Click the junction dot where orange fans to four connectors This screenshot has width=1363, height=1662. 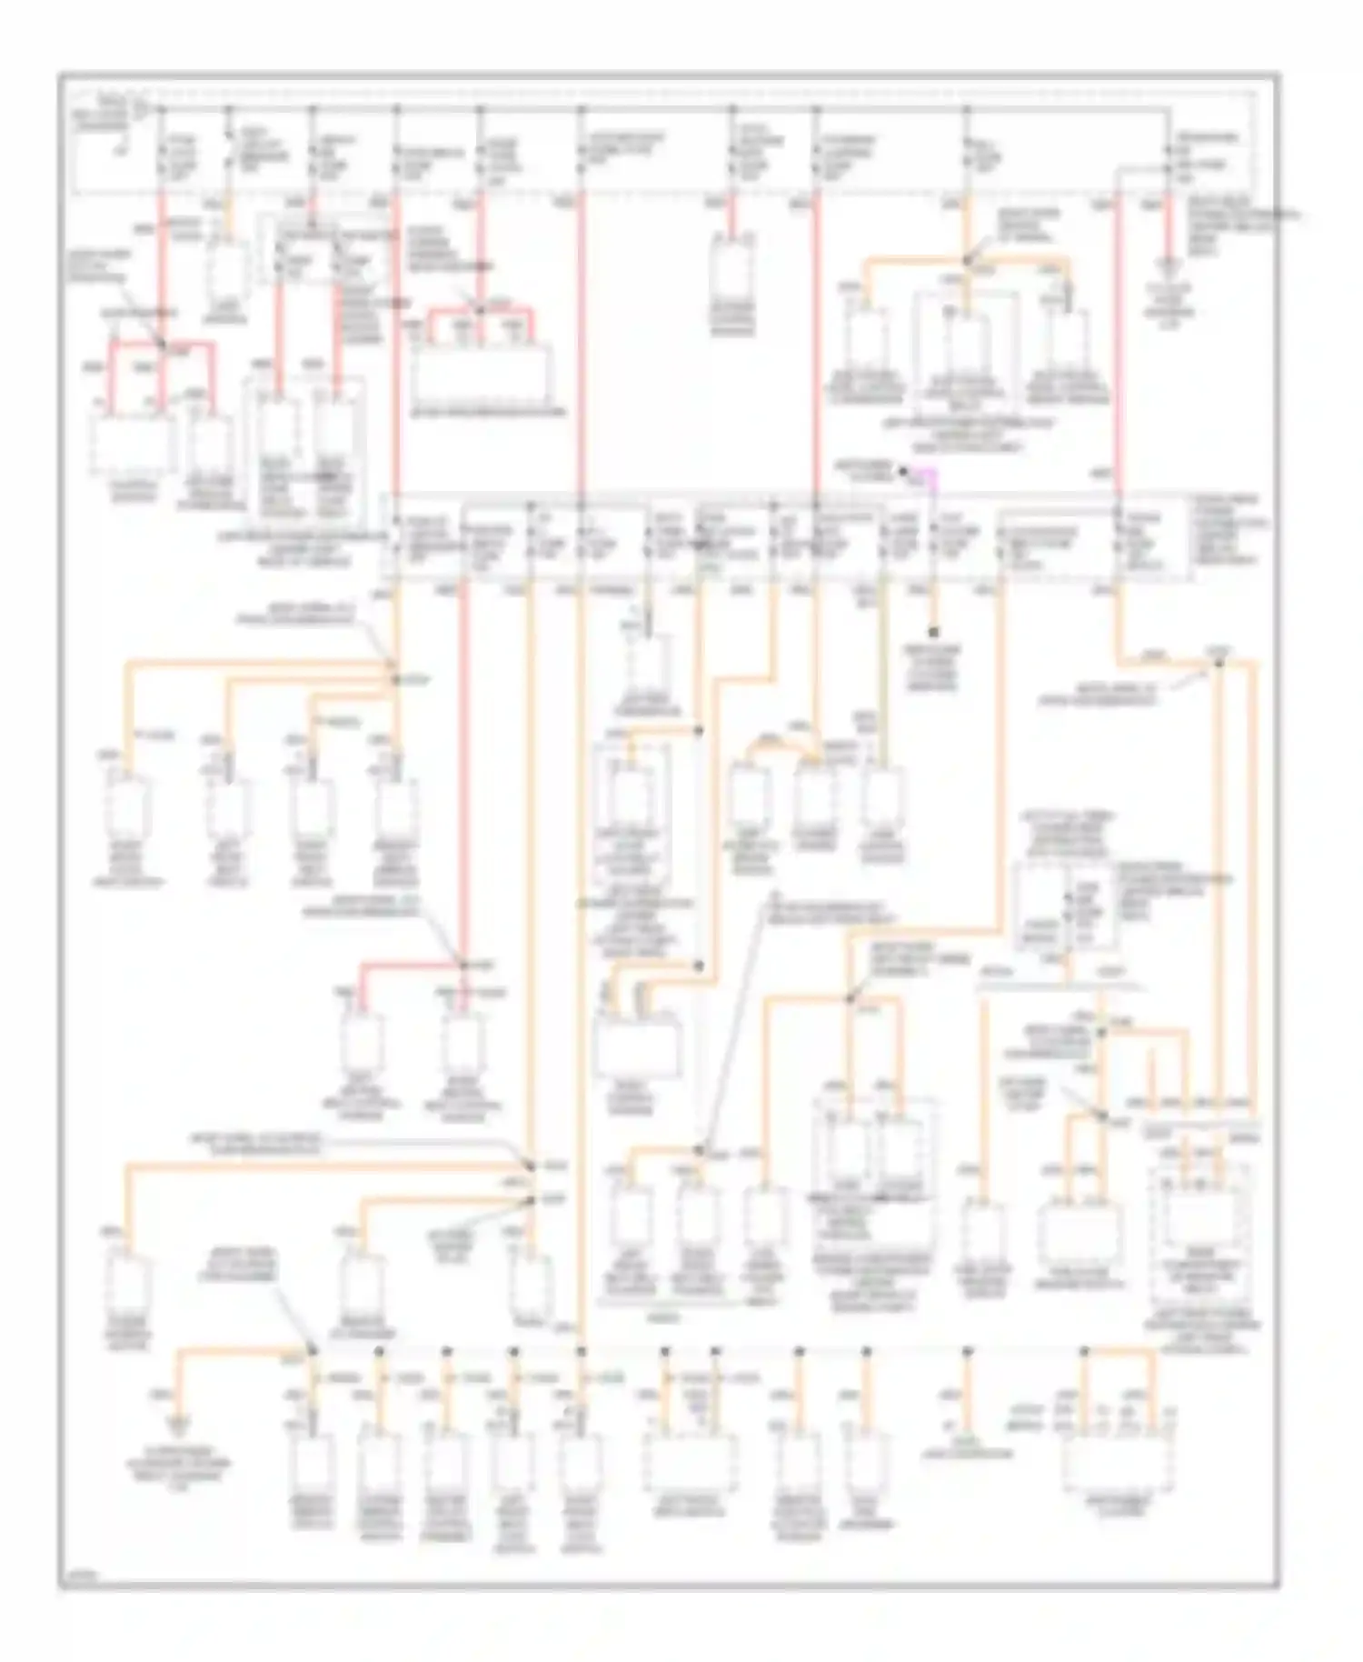(x=395, y=678)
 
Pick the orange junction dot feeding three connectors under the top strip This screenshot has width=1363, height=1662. (x=967, y=263)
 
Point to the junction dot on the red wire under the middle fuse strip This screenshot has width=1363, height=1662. (x=463, y=965)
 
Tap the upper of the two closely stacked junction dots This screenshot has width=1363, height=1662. (x=532, y=1165)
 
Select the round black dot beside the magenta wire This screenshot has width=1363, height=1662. (x=903, y=470)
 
